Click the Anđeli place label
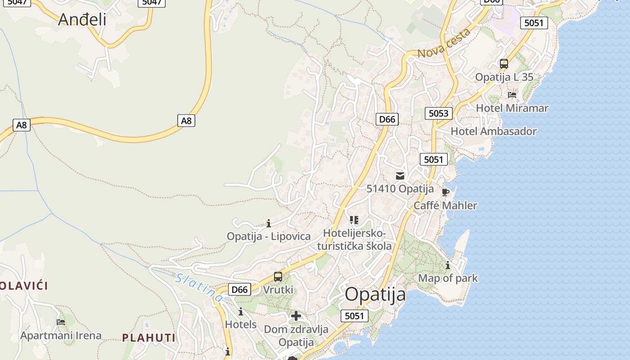[82, 19]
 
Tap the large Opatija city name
[375, 295]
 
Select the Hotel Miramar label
[512, 108]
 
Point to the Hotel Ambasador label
[494, 131]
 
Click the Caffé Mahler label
[445, 206]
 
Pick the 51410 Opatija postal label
[400, 189]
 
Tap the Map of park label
[448, 278]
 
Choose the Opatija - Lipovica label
[269, 236]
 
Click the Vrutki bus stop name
[278, 290]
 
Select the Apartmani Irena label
[61, 335]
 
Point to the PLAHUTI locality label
[148, 337]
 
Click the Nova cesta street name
[444, 43]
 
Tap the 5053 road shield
[438, 113]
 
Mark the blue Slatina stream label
[199, 287]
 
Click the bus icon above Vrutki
[278, 277]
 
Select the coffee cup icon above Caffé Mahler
[445, 193]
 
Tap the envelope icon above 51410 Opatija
[400, 176]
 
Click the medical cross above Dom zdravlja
[296, 316]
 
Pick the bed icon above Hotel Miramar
[512, 95]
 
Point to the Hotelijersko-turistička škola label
[354, 240]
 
